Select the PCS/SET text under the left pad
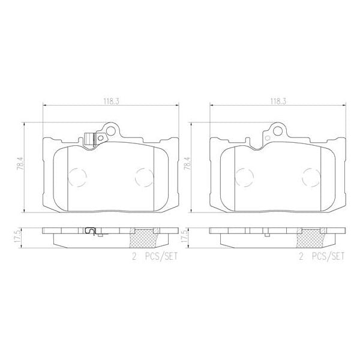point(158,256)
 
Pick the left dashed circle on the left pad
point(79,176)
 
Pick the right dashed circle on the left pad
point(143,176)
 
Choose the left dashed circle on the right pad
point(245,176)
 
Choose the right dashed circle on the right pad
point(310,176)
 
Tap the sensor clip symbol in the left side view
point(92,231)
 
